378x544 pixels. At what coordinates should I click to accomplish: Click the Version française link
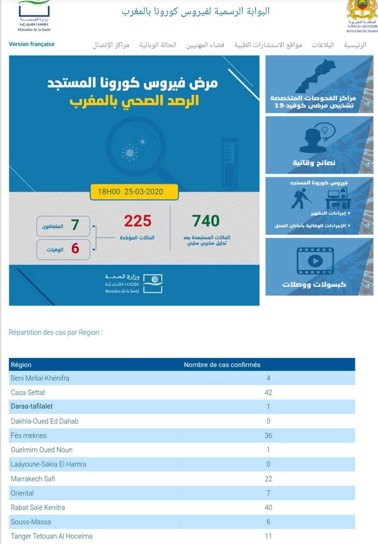pos(31,44)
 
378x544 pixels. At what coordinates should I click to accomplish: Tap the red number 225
pos(138,221)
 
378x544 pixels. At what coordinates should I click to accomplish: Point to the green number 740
pos(206,221)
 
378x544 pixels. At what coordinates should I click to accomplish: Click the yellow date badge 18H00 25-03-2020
pos(134,192)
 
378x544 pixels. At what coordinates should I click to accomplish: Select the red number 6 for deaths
pos(75,249)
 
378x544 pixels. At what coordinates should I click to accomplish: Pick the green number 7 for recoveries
pos(75,225)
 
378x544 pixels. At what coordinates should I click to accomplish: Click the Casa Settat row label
pos(28,392)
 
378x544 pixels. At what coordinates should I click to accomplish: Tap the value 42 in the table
pos(268,392)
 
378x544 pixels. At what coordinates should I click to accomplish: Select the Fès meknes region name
pos(29,435)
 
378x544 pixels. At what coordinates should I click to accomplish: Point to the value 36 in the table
pos(268,435)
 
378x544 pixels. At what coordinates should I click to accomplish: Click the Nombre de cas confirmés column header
pos(222,365)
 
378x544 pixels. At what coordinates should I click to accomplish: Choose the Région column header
pos(21,365)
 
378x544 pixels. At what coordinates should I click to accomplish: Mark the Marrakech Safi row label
pos(33,479)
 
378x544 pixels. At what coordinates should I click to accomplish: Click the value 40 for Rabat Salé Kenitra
pos(268,507)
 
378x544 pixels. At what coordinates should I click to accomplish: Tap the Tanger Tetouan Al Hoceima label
pos(52,536)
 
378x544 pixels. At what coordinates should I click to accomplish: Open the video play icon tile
pos(315,261)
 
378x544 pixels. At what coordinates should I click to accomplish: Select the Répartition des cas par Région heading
pos(56,332)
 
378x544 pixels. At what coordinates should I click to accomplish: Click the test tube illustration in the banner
pos(230,164)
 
